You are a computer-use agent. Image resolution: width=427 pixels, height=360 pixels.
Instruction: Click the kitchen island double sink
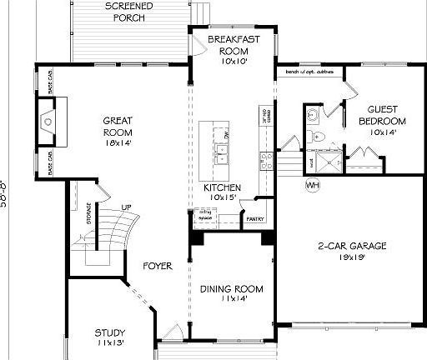(222, 152)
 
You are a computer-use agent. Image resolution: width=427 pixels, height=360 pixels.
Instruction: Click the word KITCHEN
(223, 187)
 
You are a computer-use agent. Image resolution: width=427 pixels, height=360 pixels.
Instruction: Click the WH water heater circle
(313, 184)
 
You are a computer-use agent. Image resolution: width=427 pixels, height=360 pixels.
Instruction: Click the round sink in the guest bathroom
(312, 114)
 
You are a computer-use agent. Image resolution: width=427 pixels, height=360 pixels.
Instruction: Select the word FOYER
(157, 267)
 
